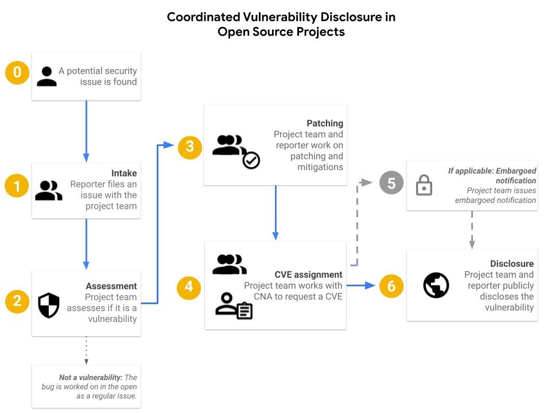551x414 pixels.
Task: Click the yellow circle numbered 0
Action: (x=17, y=72)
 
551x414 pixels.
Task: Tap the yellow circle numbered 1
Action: (x=17, y=186)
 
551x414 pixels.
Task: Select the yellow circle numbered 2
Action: (x=17, y=301)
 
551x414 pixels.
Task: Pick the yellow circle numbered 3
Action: (x=190, y=147)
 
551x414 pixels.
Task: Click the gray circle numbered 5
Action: (x=392, y=183)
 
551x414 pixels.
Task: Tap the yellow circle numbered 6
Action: (x=392, y=286)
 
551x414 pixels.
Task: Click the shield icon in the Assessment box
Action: (x=48, y=305)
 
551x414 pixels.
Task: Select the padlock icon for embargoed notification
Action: (x=424, y=185)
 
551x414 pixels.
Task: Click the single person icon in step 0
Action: (x=46, y=76)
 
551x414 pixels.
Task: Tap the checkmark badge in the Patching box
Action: (x=251, y=160)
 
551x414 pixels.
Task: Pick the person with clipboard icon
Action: (x=234, y=306)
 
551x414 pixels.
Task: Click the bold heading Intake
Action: (x=124, y=173)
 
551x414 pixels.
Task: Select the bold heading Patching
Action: (x=325, y=123)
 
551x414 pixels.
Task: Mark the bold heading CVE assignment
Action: (x=308, y=274)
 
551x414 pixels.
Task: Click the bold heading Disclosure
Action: (x=512, y=263)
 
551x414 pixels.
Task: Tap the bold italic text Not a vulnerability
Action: (x=91, y=377)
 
